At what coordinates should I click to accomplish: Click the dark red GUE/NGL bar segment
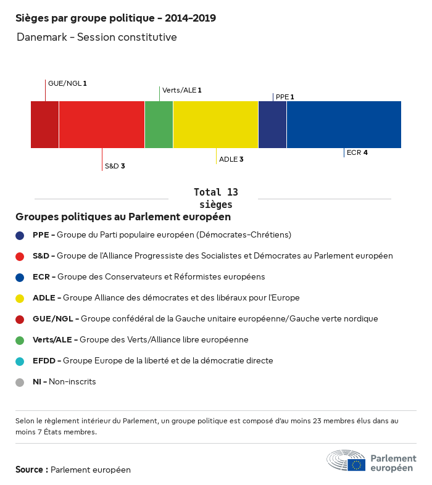click(x=44, y=125)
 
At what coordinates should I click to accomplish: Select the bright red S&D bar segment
click(x=102, y=125)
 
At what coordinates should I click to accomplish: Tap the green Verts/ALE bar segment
click(x=159, y=125)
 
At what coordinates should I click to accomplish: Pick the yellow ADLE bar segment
click(x=215, y=125)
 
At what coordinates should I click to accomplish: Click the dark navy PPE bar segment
click(x=272, y=125)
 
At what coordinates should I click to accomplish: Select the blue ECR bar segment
click(x=344, y=125)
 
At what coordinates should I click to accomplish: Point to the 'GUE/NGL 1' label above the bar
click(x=68, y=83)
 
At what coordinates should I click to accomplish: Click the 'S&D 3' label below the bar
click(x=115, y=166)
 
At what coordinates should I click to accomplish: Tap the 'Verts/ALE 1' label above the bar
click(x=182, y=90)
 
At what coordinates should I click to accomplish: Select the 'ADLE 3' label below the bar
click(x=231, y=159)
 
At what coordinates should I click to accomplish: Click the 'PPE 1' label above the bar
click(x=285, y=97)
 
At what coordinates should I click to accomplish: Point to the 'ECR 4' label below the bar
click(x=357, y=152)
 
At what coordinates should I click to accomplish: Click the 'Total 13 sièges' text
click(x=215, y=198)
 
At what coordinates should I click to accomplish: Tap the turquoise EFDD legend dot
click(x=20, y=361)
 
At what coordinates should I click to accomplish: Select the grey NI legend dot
click(x=20, y=382)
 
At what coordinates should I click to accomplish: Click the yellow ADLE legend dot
click(x=20, y=298)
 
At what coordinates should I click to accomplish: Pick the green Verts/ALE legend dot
click(x=20, y=340)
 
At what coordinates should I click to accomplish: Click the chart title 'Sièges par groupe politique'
click(x=115, y=18)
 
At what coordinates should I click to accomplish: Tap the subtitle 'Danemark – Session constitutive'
click(x=97, y=37)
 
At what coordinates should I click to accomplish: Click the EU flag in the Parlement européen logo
click(x=356, y=465)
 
